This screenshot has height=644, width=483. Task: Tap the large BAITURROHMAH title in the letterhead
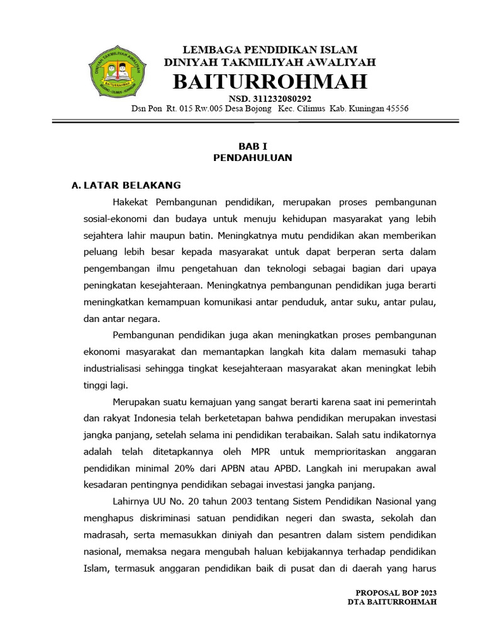click(270, 82)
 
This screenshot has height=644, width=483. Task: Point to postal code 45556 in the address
click(395, 109)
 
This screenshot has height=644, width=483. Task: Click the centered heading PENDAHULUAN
click(252, 158)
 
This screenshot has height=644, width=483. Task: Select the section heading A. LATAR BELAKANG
click(126, 185)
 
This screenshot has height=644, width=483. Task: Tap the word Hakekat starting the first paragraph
click(131, 202)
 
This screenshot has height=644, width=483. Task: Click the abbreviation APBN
click(236, 469)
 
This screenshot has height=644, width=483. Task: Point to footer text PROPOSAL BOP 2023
click(396, 593)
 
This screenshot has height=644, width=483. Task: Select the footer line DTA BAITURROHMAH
click(392, 602)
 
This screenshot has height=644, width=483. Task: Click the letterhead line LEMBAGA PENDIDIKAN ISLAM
click(270, 50)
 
